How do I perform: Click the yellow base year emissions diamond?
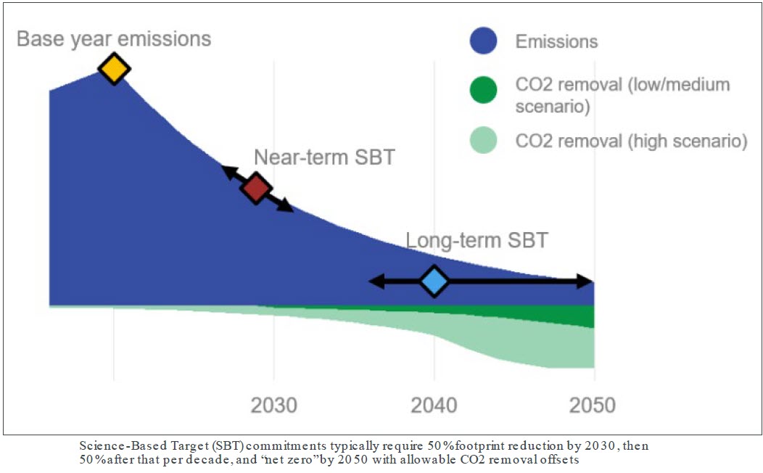pyautogui.click(x=114, y=69)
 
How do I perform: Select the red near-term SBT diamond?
pyautogui.click(x=256, y=188)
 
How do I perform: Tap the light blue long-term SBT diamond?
pyautogui.click(x=434, y=281)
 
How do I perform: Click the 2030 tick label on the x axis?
pyautogui.click(x=273, y=404)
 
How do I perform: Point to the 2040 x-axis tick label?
pyautogui.click(x=434, y=404)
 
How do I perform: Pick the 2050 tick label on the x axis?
pyautogui.click(x=592, y=404)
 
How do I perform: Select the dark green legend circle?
pyautogui.click(x=483, y=91)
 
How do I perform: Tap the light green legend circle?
pyautogui.click(x=483, y=140)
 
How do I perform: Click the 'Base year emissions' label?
pyautogui.click(x=114, y=38)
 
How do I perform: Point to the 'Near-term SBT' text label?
pyautogui.click(x=324, y=157)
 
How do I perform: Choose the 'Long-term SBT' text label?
pyautogui.click(x=477, y=240)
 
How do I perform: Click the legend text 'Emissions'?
pyautogui.click(x=556, y=41)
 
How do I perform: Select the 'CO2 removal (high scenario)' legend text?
pyautogui.click(x=631, y=141)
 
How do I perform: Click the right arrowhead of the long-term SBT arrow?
pyautogui.click(x=586, y=281)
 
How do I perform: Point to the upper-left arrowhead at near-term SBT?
pyautogui.click(x=228, y=171)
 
